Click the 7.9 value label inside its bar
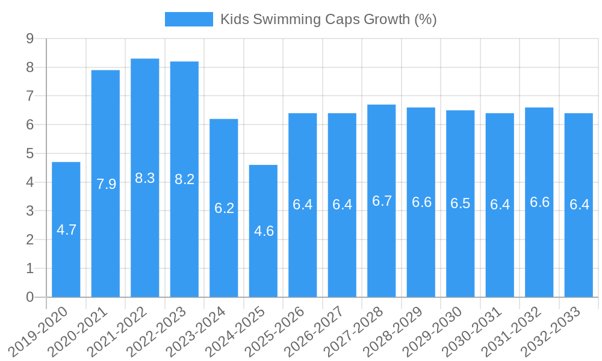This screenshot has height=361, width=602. coord(106,184)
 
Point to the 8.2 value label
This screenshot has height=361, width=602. coord(184,179)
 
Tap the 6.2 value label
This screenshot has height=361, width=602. coord(224,208)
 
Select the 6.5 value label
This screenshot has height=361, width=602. coord(460,203)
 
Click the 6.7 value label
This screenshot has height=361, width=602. coord(382,201)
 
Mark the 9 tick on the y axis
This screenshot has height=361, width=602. coord(29,39)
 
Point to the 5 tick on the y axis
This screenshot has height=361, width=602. coord(29,153)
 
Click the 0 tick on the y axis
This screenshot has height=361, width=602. coord(29,297)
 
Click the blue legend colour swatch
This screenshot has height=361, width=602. coord(188,19)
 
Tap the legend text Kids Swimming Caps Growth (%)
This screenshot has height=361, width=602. coord(328,19)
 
